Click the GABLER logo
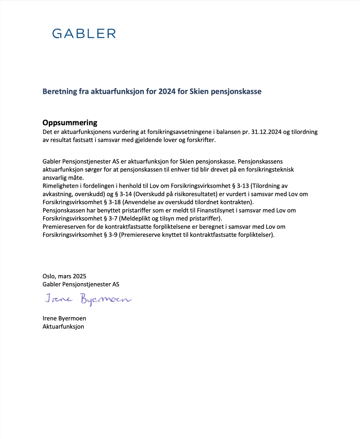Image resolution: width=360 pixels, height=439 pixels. tap(84, 33)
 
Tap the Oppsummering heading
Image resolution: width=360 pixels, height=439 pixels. tap(70, 123)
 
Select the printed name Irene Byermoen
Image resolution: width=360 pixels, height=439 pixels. tap(64, 318)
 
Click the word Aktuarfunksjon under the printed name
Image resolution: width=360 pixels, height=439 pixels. tap(63, 326)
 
